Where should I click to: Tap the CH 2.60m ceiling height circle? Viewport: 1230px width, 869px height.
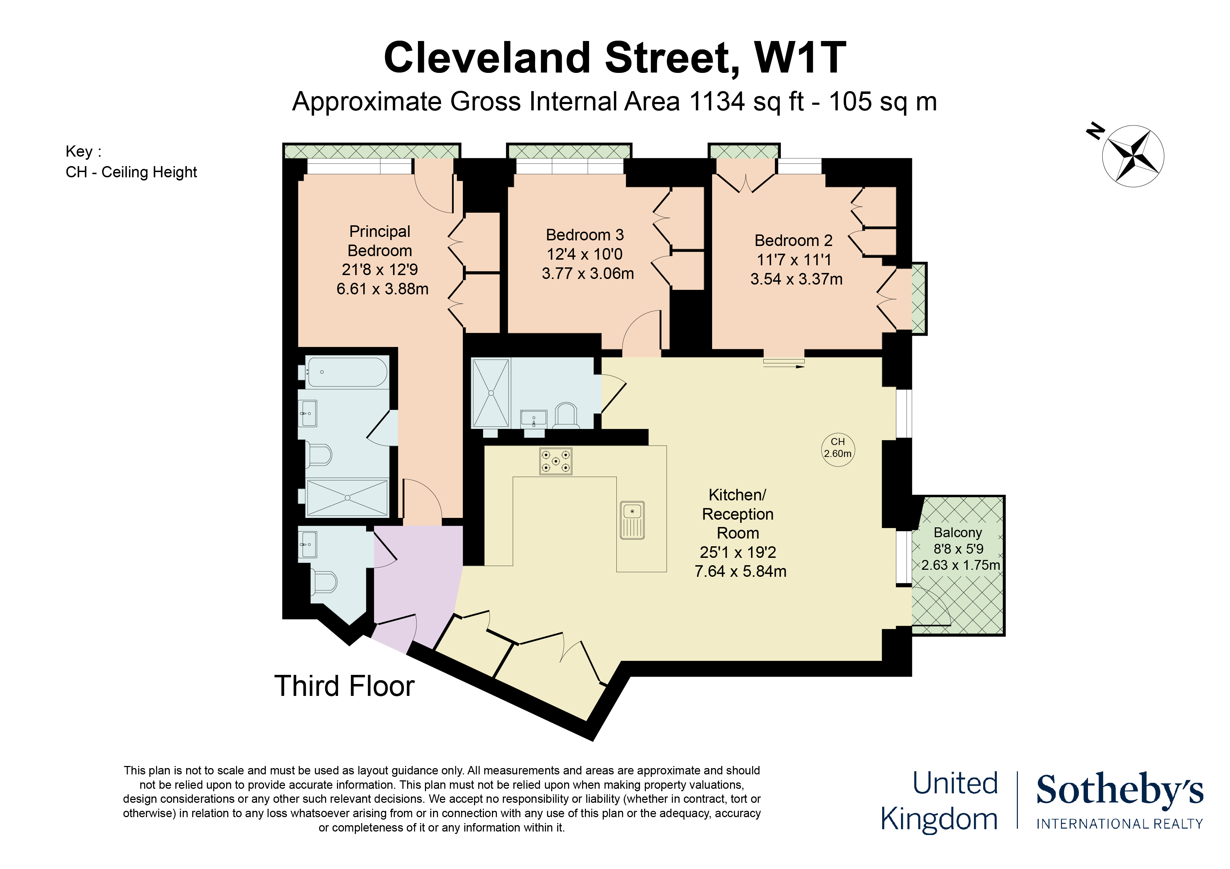click(838, 449)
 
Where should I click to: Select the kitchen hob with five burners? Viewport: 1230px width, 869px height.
click(555, 461)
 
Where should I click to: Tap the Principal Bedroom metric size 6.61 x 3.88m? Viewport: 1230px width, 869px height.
click(382, 289)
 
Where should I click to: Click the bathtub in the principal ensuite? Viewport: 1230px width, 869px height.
click(347, 371)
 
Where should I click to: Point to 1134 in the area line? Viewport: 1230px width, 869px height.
click(717, 101)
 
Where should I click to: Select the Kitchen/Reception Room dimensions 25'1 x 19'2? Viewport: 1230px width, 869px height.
click(738, 552)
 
